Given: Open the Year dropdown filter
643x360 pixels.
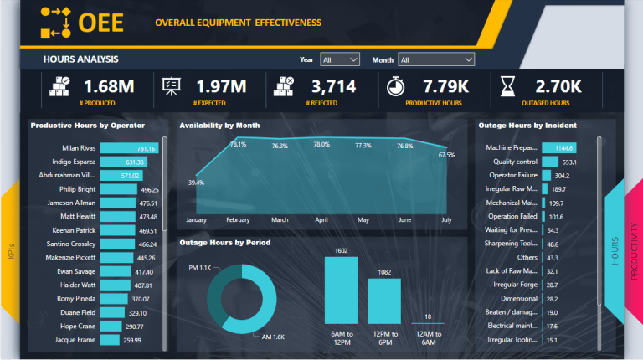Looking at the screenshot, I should [340, 59].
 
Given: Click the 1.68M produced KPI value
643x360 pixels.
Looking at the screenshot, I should [108, 85].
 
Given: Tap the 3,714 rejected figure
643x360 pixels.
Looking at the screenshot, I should [333, 85].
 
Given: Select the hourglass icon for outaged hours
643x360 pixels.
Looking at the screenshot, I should [507, 87].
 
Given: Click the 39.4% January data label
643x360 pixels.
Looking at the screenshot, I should [196, 183].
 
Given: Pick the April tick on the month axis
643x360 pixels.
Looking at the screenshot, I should [321, 220].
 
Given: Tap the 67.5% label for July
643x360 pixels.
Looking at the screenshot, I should [446, 155].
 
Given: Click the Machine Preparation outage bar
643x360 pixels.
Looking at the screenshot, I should [558, 148].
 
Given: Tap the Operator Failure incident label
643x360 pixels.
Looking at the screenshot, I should [512, 176].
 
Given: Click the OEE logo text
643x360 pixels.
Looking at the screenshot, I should [100, 23].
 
